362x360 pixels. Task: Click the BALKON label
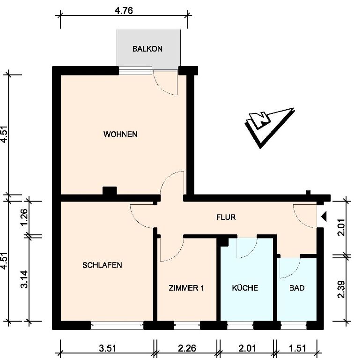(x=148, y=49)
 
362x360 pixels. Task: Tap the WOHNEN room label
(x=120, y=134)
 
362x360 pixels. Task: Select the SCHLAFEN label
(x=102, y=265)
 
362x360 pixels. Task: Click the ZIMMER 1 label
(x=186, y=288)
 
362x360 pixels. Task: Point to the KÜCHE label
(x=245, y=288)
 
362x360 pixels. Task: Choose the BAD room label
(x=297, y=288)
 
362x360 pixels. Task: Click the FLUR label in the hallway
(x=226, y=217)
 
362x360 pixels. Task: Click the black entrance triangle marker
(x=324, y=216)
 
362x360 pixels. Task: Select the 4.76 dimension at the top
(x=124, y=11)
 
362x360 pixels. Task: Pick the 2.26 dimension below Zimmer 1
(x=187, y=348)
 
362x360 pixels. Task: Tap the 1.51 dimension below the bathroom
(x=297, y=348)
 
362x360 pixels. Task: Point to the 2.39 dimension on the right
(x=341, y=289)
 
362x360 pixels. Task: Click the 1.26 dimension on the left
(x=24, y=217)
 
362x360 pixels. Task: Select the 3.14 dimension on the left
(x=24, y=279)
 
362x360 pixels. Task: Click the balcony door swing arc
(x=162, y=88)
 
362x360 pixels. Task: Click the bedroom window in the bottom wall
(x=117, y=325)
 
